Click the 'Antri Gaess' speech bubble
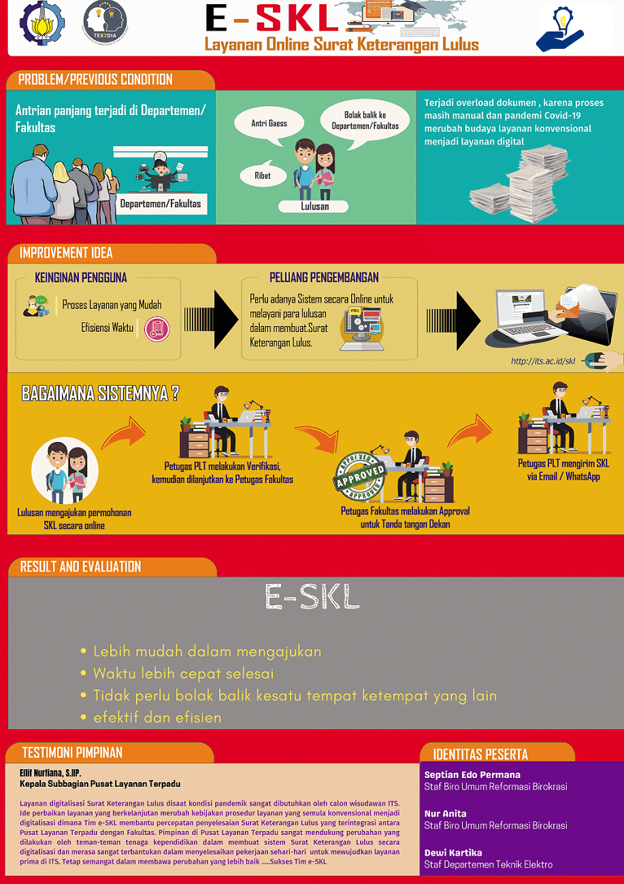click(269, 124)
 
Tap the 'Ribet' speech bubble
click(262, 175)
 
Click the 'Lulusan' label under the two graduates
click(314, 206)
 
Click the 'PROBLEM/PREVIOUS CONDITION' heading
click(95, 80)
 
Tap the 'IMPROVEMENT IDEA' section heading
click(66, 253)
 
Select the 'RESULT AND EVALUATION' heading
click(80, 566)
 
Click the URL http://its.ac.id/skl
click(542, 361)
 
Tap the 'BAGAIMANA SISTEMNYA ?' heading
click(100, 394)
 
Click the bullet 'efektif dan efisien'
click(157, 717)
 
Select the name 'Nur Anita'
click(445, 813)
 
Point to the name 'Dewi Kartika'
click(453, 852)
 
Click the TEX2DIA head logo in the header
click(105, 22)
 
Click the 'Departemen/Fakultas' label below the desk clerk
click(161, 203)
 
